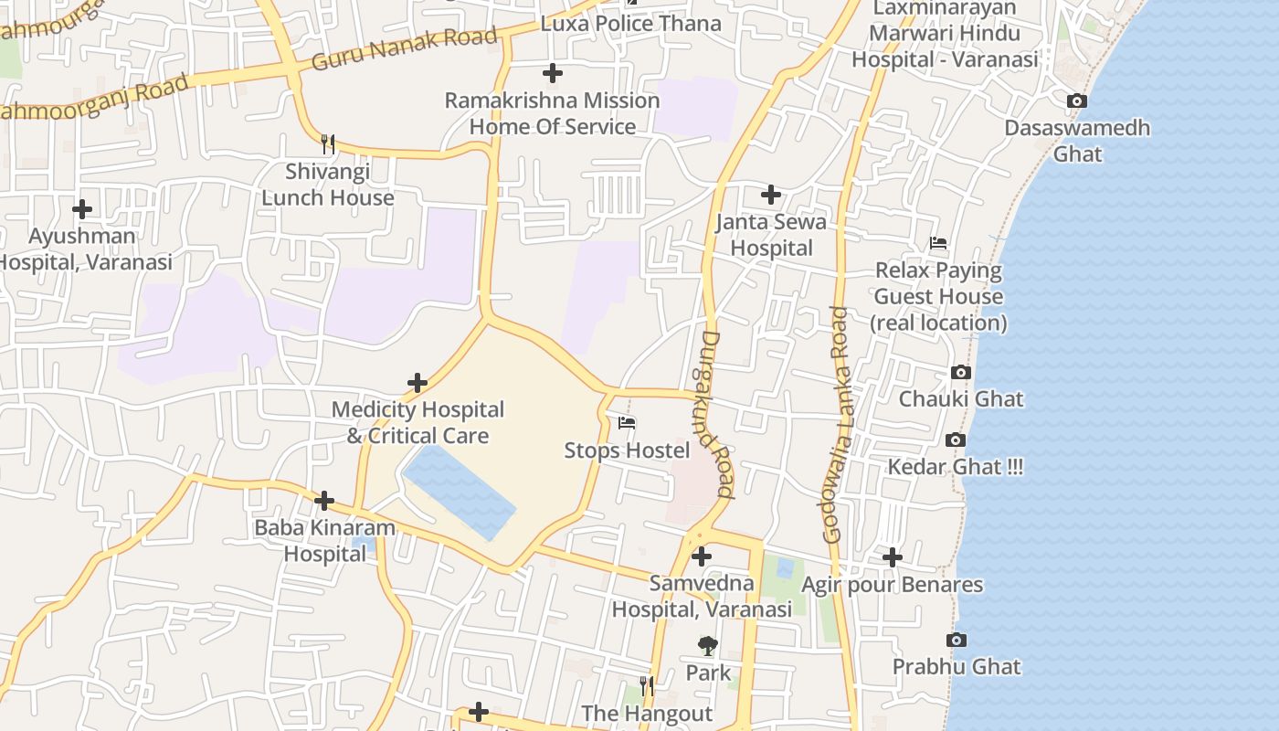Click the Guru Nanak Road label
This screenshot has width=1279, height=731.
point(405,49)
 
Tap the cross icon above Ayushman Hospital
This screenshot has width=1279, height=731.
point(82,209)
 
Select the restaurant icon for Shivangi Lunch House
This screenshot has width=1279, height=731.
point(328,143)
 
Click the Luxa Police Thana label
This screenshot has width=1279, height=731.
point(630,23)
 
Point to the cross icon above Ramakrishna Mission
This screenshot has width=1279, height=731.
point(553,73)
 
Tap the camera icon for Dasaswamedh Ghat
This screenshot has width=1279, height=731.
point(1077,101)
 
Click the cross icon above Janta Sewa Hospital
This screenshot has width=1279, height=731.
point(771,195)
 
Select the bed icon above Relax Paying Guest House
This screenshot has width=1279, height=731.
point(938,243)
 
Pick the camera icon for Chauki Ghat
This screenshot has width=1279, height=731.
point(960,372)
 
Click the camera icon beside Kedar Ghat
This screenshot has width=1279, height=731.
point(956,440)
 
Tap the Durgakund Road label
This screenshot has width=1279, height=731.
point(717,414)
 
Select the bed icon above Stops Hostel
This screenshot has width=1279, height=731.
point(627,423)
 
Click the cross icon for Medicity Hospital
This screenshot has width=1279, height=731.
point(418,383)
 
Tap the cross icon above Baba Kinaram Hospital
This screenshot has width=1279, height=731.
point(324,501)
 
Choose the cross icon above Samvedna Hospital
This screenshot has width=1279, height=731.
point(702,556)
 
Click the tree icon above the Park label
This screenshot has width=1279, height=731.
point(708,646)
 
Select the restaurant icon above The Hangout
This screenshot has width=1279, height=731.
point(647,685)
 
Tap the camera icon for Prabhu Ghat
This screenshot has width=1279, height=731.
point(957,640)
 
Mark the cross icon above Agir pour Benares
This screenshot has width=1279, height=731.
point(893,557)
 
